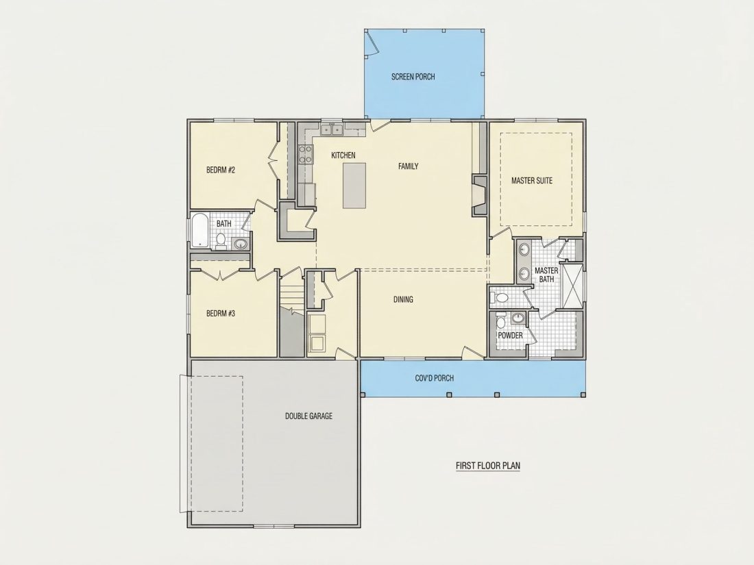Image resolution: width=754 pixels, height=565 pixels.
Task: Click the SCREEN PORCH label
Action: [x=413, y=77]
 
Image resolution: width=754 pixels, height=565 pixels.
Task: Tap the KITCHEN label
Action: [x=343, y=155]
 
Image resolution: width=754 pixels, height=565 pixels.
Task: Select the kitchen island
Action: [x=354, y=186]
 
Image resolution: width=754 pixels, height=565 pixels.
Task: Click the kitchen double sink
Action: [x=331, y=129]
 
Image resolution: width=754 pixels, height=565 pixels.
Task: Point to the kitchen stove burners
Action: [x=305, y=153]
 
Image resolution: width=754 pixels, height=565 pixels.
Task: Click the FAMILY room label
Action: [x=409, y=166]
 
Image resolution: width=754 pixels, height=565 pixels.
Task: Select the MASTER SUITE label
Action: [x=532, y=181]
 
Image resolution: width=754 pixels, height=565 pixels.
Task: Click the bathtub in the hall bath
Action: [x=199, y=231]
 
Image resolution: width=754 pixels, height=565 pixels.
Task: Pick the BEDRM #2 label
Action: [x=221, y=170]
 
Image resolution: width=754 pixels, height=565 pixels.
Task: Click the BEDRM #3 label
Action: [x=221, y=313]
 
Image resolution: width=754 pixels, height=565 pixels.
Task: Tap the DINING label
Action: [x=404, y=299]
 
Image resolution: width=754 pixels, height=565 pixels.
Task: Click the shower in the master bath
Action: [x=572, y=286]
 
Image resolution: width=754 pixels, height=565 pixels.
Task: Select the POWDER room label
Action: [x=510, y=336]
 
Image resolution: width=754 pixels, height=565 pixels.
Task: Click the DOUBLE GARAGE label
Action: [x=308, y=416]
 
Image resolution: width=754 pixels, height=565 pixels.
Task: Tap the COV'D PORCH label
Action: [x=434, y=378]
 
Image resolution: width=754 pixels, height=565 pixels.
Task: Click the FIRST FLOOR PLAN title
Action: [x=488, y=466]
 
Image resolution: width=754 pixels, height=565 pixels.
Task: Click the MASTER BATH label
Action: [x=546, y=275]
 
